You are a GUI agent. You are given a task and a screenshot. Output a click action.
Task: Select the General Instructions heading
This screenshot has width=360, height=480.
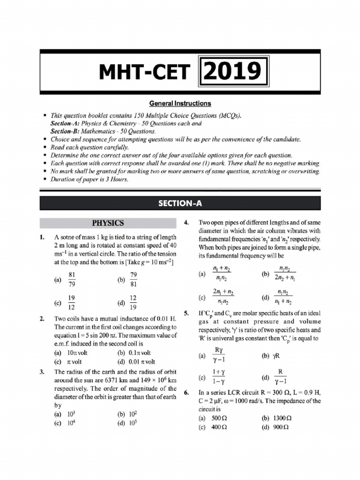(x=180, y=103)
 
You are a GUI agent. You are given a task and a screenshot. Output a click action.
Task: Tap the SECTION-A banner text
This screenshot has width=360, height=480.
(x=180, y=203)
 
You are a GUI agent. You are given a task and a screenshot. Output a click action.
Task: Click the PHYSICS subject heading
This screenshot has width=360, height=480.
(x=108, y=223)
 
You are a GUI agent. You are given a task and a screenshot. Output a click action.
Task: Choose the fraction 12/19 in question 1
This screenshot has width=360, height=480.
(x=133, y=303)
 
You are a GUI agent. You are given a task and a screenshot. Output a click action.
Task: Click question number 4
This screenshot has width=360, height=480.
(x=187, y=222)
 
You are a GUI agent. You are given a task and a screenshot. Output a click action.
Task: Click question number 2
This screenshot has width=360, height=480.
(x=43, y=319)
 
